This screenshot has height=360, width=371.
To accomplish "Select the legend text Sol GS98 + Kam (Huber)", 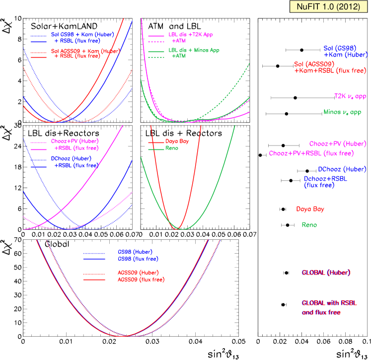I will coord(82,35).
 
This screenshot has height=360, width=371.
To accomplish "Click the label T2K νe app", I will coord(350,96).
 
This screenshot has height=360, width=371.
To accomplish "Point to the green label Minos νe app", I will coord(342,112).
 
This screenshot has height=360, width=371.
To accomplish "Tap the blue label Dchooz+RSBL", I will coord(326,178).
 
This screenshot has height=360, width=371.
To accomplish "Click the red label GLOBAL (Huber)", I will coord(326,273).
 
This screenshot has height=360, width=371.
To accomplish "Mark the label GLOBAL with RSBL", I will coord(329,303).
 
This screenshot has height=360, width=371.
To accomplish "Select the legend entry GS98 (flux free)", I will coord(138,259).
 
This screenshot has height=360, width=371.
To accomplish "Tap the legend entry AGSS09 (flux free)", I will coord(141,280).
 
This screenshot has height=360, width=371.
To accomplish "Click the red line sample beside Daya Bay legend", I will coord(156,143).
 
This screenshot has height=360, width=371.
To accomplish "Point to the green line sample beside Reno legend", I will coord(156,149).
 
